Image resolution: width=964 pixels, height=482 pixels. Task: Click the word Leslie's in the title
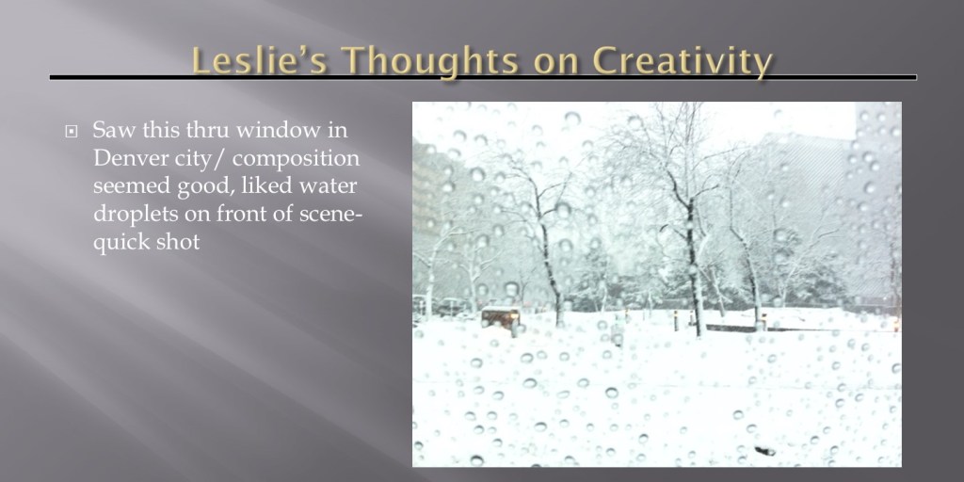pyautogui.click(x=259, y=61)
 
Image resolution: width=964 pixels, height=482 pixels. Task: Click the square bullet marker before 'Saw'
pyautogui.click(x=72, y=132)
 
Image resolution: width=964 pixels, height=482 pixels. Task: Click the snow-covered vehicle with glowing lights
pyautogui.click(x=500, y=318)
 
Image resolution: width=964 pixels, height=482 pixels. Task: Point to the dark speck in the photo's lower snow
pyautogui.click(x=764, y=451)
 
